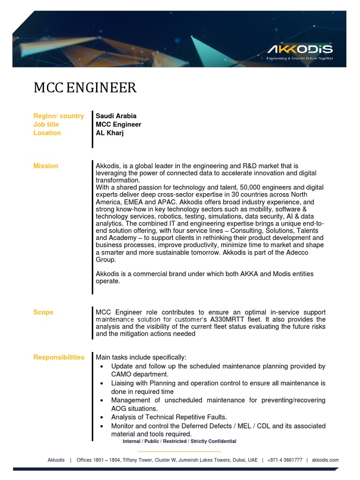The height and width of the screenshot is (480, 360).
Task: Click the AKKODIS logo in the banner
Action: (300, 50)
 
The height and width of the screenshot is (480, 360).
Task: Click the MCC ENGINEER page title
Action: (85, 88)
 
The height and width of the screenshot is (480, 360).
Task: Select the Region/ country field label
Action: (59, 116)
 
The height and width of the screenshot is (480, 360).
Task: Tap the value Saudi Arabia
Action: (116, 116)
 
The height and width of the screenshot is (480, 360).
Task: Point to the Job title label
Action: (46, 124)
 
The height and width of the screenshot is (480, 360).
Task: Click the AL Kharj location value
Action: (110, 133)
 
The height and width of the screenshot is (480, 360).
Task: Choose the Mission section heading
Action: (45, 166)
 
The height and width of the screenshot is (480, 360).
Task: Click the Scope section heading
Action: (43, 312)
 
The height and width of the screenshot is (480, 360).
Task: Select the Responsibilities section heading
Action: (59, 357)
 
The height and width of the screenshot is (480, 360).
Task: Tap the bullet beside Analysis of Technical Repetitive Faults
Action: (102, 417)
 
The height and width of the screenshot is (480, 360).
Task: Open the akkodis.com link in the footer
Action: (325, 460)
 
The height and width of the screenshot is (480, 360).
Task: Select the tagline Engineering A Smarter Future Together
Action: (300, 59)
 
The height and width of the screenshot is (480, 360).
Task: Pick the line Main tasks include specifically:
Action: (141, 357)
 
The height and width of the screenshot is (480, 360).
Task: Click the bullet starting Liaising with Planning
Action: (102, 383)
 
